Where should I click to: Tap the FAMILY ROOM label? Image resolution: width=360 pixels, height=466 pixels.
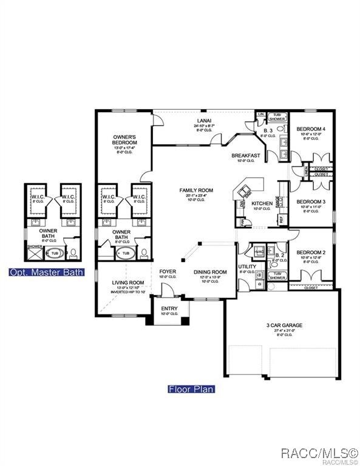pos(193,191)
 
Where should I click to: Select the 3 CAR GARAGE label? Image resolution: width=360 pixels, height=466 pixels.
pos(284,325)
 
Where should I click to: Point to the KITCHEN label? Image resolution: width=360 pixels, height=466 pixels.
pos(262,203)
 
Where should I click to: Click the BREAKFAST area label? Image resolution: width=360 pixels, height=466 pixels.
pos(246,156)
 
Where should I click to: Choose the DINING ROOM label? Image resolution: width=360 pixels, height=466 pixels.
pos(210,272)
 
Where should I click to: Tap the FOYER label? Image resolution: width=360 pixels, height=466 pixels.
pos(168,271)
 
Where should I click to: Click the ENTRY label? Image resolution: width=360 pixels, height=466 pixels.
pos(169,308)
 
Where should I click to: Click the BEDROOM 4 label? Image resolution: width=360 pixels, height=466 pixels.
pos(311,129)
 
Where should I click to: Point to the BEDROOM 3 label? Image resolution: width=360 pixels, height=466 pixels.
pos(311,201)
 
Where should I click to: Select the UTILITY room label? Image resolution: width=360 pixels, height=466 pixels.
pos(247,266)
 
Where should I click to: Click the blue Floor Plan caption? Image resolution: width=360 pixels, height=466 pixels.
pos(191,389)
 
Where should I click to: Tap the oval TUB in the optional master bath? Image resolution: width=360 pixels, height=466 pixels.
pos(54,252)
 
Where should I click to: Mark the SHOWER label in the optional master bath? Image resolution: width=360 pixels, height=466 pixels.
pos(34,247)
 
